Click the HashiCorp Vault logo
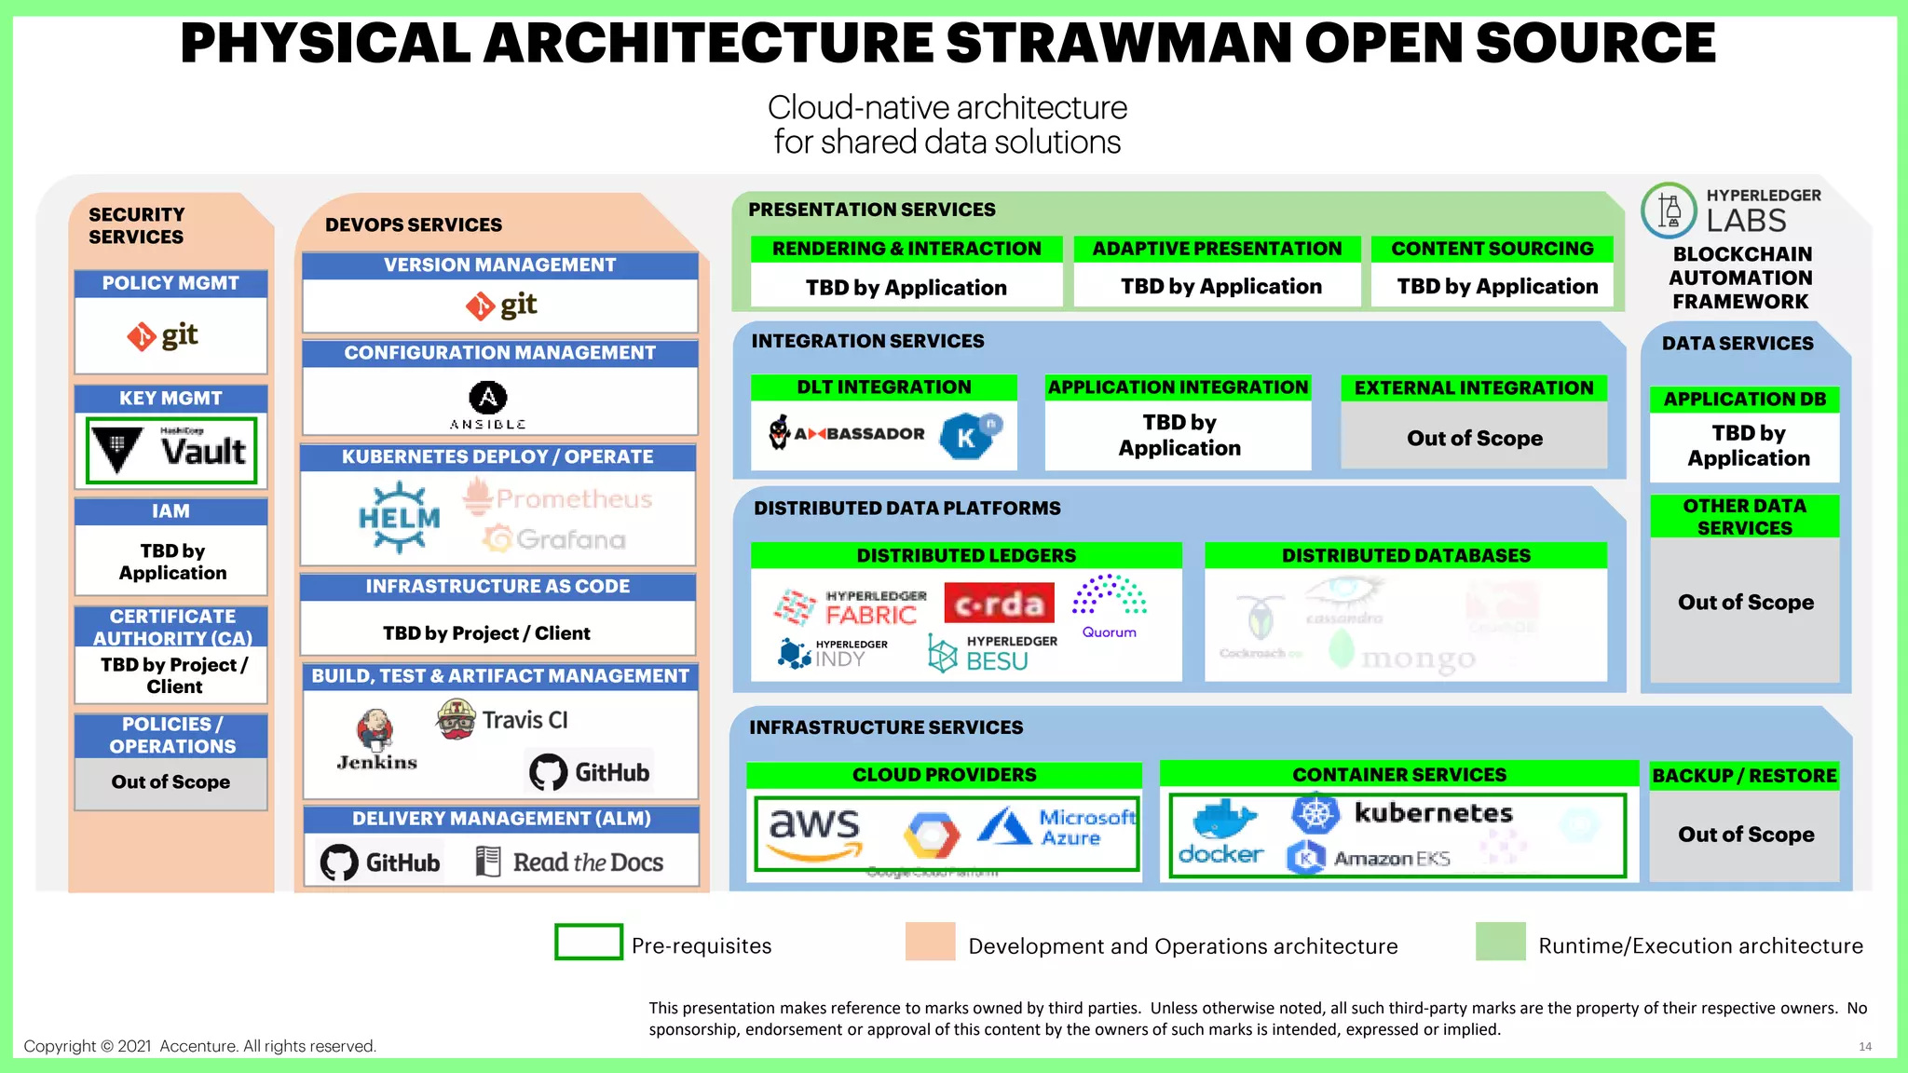(x=171, y=451)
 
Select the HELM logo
(x=400, y=518)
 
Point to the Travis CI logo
(x=503, y=720)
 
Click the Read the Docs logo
(x=570, y=862)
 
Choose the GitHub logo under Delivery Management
(x=380, y=862)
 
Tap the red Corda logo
(x=1000, y=604)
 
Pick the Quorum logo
(x=1109, y=606)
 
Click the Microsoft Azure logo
(x=1057, y=826)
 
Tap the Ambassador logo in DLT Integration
(x=847, y=433)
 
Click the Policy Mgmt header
(x=170, y=283)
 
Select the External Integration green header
(x=1474, y=387)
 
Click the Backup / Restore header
(x=1744, y=775)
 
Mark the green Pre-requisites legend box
(x=589, y=942)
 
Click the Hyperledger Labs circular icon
(x=1669, y=211)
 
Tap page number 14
(x=1864, y=1047)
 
